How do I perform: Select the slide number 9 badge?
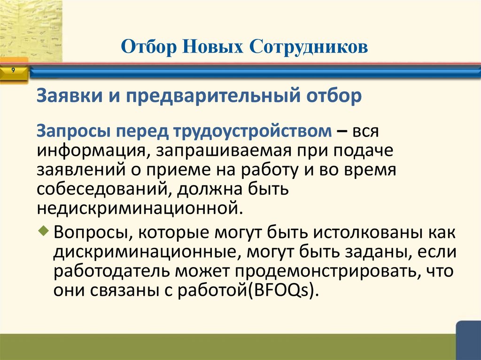coord(13,70)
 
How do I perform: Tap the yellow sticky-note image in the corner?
coord(31,31)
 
